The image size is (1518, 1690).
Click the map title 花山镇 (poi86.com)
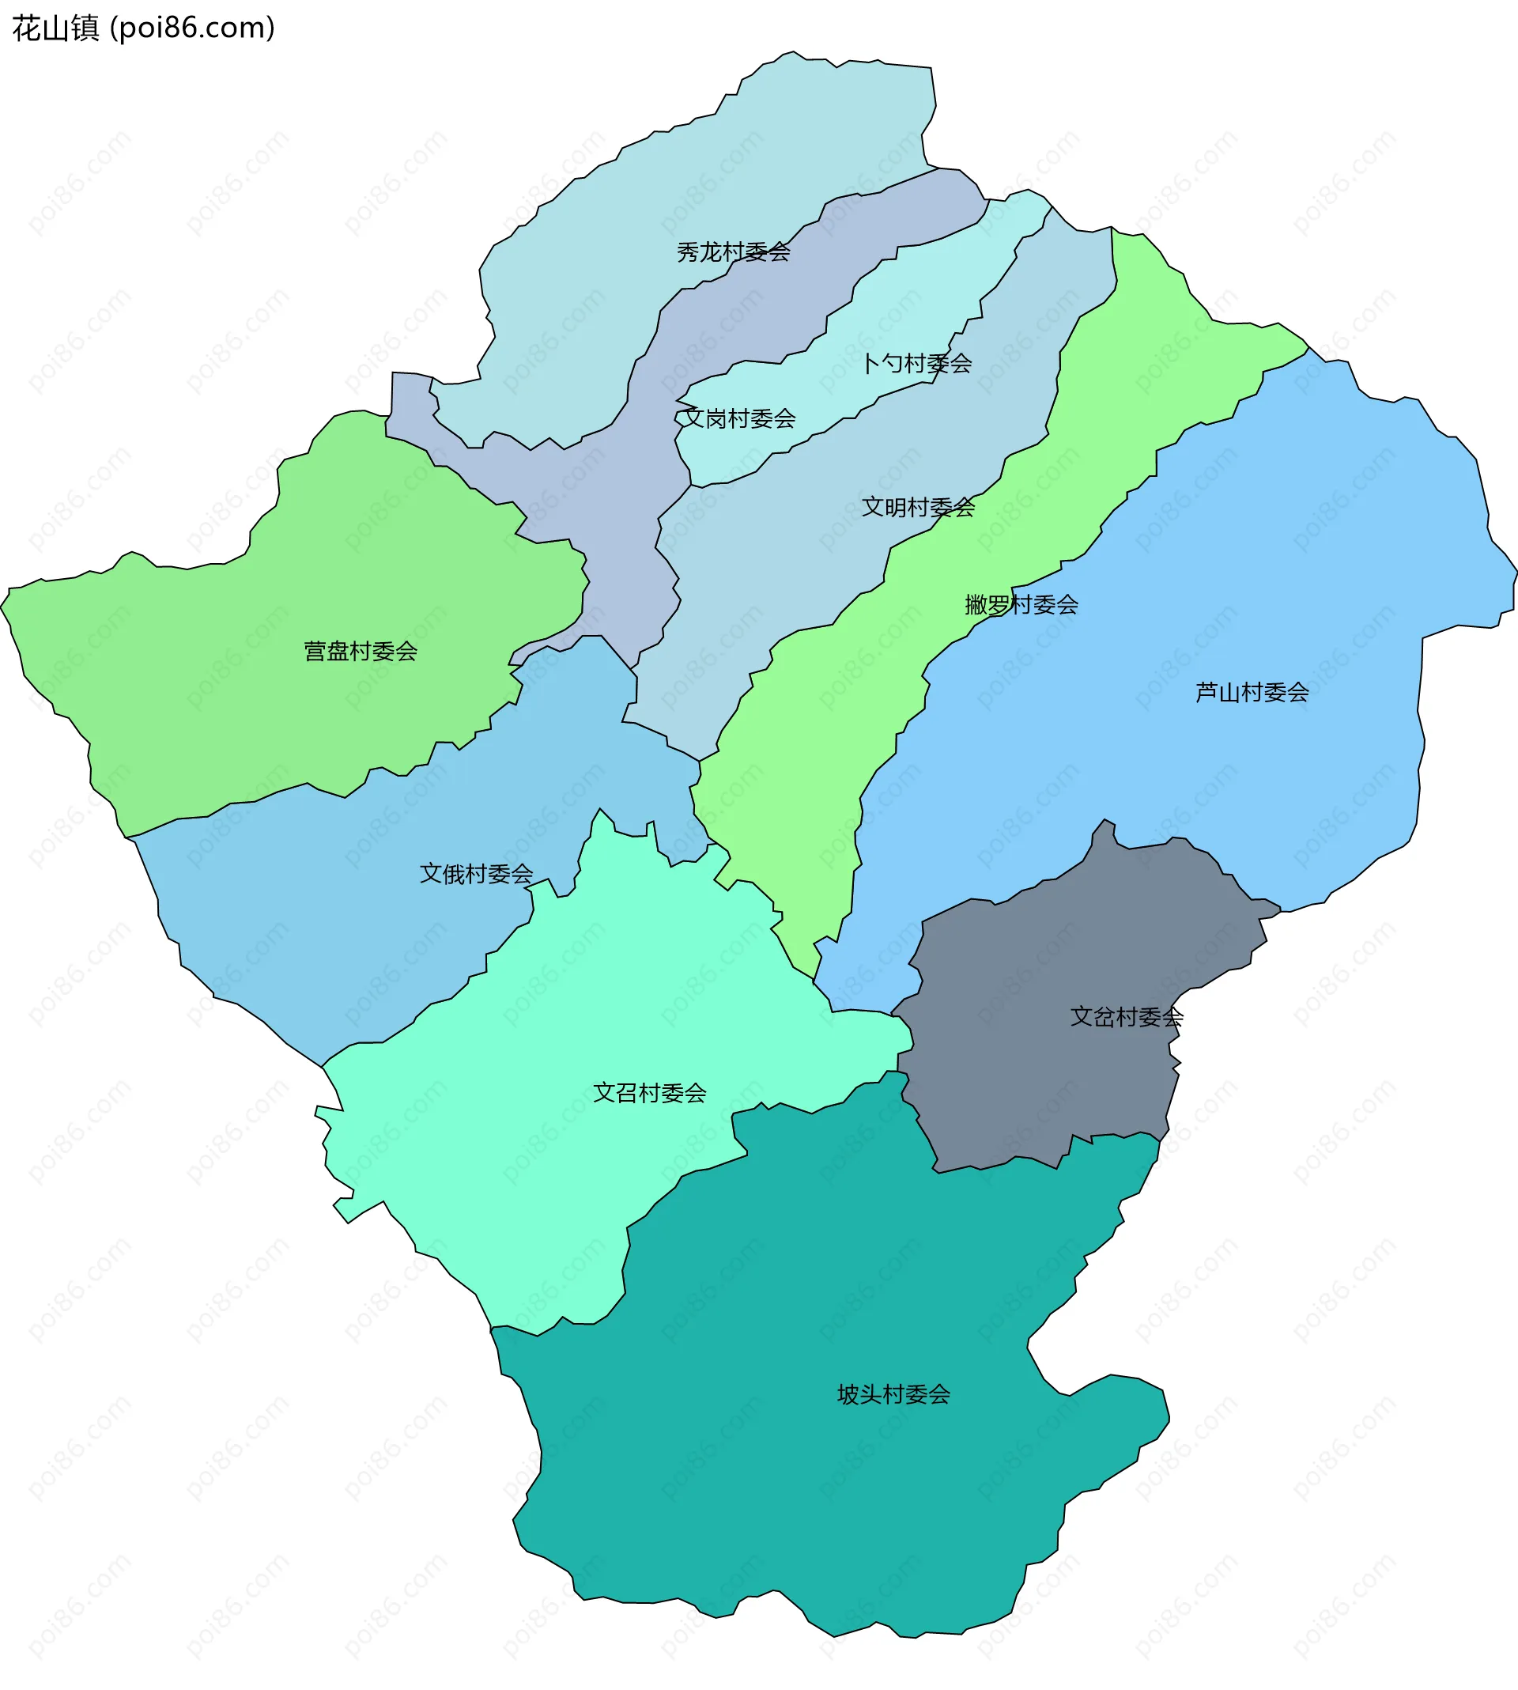[x=143, y=28]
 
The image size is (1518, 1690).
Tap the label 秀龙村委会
[x=733, y=252]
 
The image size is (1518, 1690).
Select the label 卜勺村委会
[x=916, y=364]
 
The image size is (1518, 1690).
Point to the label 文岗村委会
[x=739, y=419]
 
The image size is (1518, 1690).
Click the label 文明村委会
[x=917, y=507]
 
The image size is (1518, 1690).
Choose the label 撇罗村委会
[x=1021, y=605]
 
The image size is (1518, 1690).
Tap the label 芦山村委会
[x=1251, y=692]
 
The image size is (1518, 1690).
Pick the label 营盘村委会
[x=361, y=652]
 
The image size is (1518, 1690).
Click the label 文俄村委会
[x=475, y=874]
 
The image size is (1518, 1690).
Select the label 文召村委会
[x=649, y=1093]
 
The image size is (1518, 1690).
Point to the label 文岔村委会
[x=1126, y=1017]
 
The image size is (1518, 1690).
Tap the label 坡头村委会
[x=893, y=1394]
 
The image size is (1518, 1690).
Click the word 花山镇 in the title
[x=55, y=28]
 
